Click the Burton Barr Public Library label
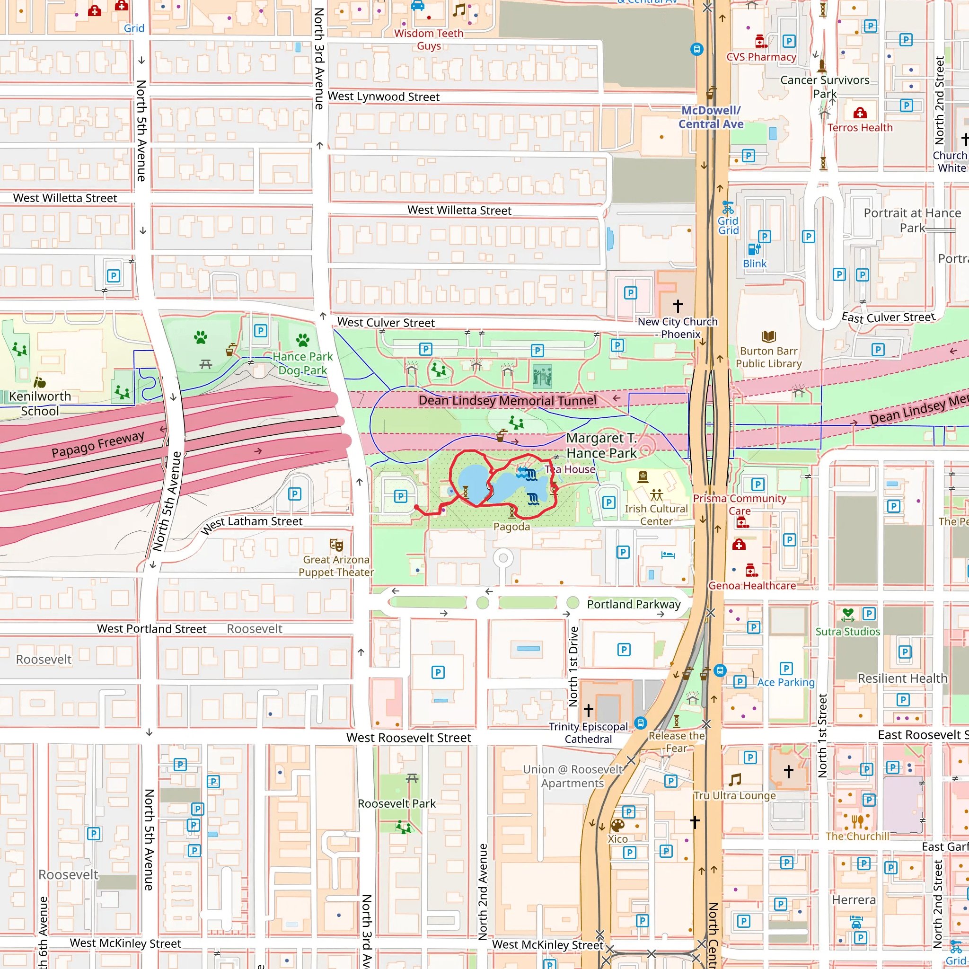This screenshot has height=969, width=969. (768, 357)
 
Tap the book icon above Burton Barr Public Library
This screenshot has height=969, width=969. (768, 336)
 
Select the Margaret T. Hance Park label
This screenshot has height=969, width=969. (601, 445)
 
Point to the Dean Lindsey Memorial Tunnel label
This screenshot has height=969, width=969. (507, 400)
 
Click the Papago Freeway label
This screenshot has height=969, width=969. (98, 444)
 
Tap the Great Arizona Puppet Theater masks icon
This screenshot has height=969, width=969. (336, 545)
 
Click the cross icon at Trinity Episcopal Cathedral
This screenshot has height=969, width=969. (588, 710)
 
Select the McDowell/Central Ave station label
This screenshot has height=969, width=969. (711, 117)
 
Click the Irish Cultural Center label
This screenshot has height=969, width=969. (656, 515)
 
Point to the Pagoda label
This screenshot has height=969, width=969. (511, 527)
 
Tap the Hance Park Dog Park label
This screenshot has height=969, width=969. (302, 363)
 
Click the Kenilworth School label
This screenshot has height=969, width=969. (40, 403)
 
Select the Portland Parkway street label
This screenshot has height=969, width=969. (634, 604)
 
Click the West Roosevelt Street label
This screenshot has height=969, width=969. (409, 738)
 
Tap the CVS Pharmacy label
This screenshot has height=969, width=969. (761, 57)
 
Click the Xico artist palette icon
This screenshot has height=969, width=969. (617, 826)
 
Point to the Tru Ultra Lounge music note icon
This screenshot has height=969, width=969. (735, 780)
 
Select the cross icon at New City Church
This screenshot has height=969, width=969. (678, 306)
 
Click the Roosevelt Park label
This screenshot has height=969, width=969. (396, 803)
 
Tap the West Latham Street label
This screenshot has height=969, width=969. (252, 524)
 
